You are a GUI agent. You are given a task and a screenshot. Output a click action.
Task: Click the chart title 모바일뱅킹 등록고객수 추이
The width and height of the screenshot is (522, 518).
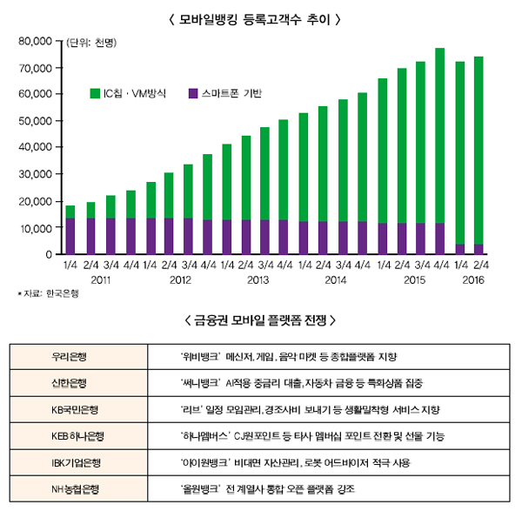tap(260, 17)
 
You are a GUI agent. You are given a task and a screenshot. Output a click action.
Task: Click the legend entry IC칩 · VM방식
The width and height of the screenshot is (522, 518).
tap(130, 92)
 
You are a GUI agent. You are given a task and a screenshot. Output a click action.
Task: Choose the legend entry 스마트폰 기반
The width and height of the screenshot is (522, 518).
tap(224, 92)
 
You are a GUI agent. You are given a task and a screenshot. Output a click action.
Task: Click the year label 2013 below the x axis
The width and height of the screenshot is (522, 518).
tap(258, 280)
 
